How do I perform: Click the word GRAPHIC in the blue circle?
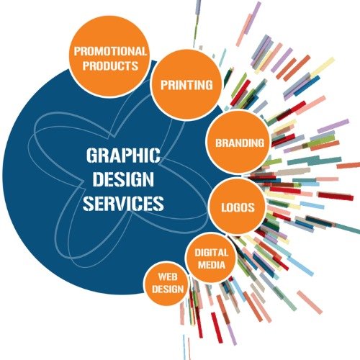point(123,156)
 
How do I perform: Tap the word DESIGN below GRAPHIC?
point(123,179)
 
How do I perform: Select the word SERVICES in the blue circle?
point(123,204)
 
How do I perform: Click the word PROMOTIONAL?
point(110,51)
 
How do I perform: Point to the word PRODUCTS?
point(110,66)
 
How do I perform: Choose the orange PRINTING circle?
point(186,85)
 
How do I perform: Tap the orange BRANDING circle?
point(239,142)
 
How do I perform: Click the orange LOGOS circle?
point(238,207)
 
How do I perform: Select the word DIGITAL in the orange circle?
point(211,253)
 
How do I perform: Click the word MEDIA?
point(212,265)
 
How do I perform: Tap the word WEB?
point(168,277)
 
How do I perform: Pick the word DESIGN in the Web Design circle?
point(168,289)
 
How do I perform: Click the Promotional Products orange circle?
point(110,57)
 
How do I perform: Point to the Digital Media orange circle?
point(211,258)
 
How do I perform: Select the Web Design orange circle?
point(167,284)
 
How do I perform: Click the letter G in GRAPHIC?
point(91,156)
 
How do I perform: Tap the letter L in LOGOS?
point(223,207)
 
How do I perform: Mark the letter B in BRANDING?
point(218,143)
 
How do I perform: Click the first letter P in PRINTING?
point(164,85)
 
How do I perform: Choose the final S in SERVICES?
point(159,204)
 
